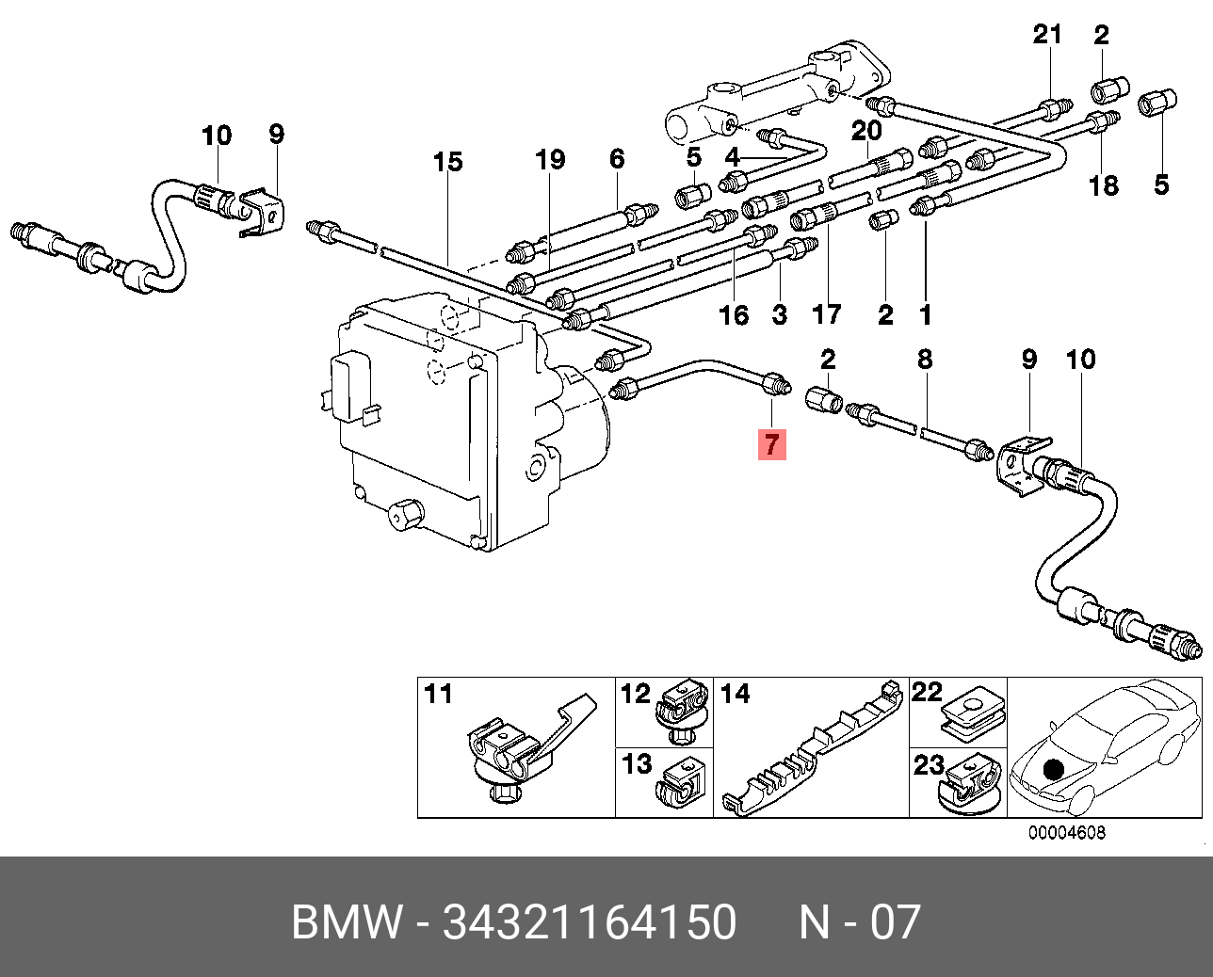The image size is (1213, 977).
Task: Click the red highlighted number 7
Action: tap(772, 443)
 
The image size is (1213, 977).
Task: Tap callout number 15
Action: tap(448, 163)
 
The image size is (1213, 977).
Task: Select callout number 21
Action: tap(1047, 35)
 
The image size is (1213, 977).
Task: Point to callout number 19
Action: tap(550, 160)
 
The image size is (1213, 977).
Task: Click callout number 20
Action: tap(866, 130)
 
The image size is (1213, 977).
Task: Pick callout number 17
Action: tap(827, 313)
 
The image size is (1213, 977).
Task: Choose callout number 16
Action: tap(734, 315)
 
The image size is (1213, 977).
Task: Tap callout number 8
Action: tap(925, 359)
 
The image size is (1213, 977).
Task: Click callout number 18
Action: tap(1103, 185)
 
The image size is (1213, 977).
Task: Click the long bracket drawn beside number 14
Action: tap(810, 749)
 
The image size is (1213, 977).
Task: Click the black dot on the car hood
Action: tap(1053, 769)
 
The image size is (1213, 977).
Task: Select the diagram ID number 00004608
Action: tap(1066, 833)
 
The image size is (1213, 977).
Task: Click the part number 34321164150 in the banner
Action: tap(590, 922)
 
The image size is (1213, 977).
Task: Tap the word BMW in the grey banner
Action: tap(346, 922)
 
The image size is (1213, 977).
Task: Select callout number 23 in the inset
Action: tap(929, 765)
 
